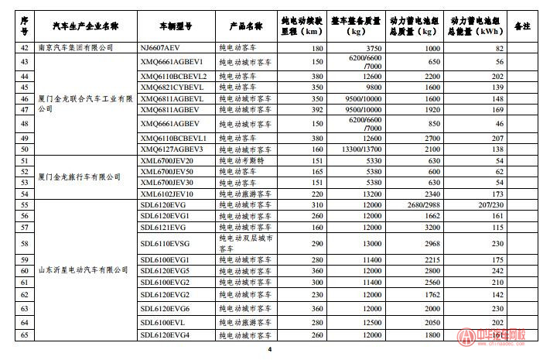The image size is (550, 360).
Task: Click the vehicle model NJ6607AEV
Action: [159, 47]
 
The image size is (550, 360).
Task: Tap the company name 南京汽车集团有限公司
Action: [76, 47]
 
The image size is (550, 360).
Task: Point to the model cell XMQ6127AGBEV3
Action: [172, 149]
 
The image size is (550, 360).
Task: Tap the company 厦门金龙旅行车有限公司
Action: [80, 177]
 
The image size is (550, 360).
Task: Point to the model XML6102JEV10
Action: [166, 193]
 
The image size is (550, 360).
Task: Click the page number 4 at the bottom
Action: [269, 350]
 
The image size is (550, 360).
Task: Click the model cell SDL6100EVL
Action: [163, 321]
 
